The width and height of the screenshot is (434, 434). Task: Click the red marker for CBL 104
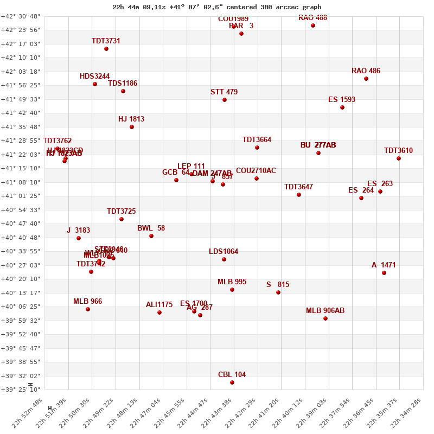232,382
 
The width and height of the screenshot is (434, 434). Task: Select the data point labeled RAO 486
366,79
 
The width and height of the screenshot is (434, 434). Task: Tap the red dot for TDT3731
106,49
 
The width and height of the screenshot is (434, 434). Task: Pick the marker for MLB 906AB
325,318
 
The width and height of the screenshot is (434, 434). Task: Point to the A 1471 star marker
384,273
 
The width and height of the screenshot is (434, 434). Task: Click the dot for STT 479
225,100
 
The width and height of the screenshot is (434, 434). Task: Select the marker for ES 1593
342,107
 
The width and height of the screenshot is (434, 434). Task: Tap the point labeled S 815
278,292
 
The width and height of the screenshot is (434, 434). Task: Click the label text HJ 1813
131,119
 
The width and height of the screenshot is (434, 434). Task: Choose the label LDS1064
224,252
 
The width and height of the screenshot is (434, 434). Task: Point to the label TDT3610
398,151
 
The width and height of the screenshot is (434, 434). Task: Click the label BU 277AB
318,145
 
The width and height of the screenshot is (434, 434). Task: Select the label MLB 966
87,302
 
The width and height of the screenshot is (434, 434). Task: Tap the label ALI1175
159,305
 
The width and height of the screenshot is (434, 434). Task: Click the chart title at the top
217,7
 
